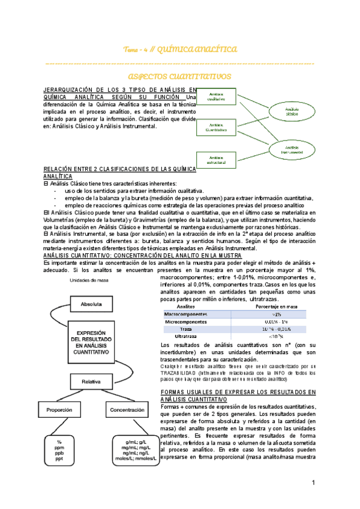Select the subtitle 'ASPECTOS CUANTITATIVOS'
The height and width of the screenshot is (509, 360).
[x=179, y=77]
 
